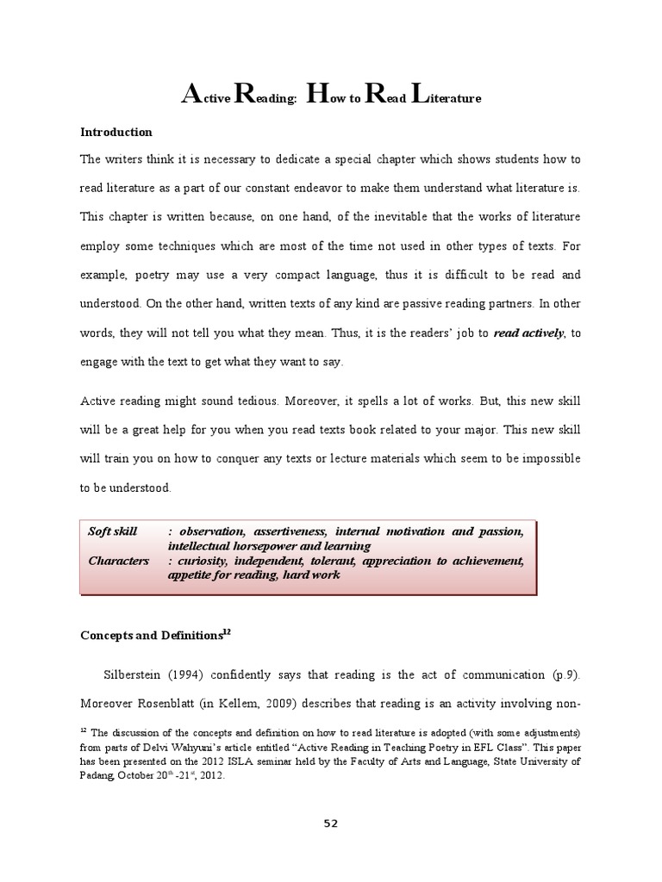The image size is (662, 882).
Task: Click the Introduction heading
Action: coord(116,133)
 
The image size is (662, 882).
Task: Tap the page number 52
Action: coord(331,823)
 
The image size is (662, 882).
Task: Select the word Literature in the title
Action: coord(446,97)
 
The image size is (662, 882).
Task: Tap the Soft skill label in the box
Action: coord(113,532)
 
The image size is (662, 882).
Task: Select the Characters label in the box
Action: coord(119,562)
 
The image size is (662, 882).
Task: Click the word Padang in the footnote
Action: coord(100,774)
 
